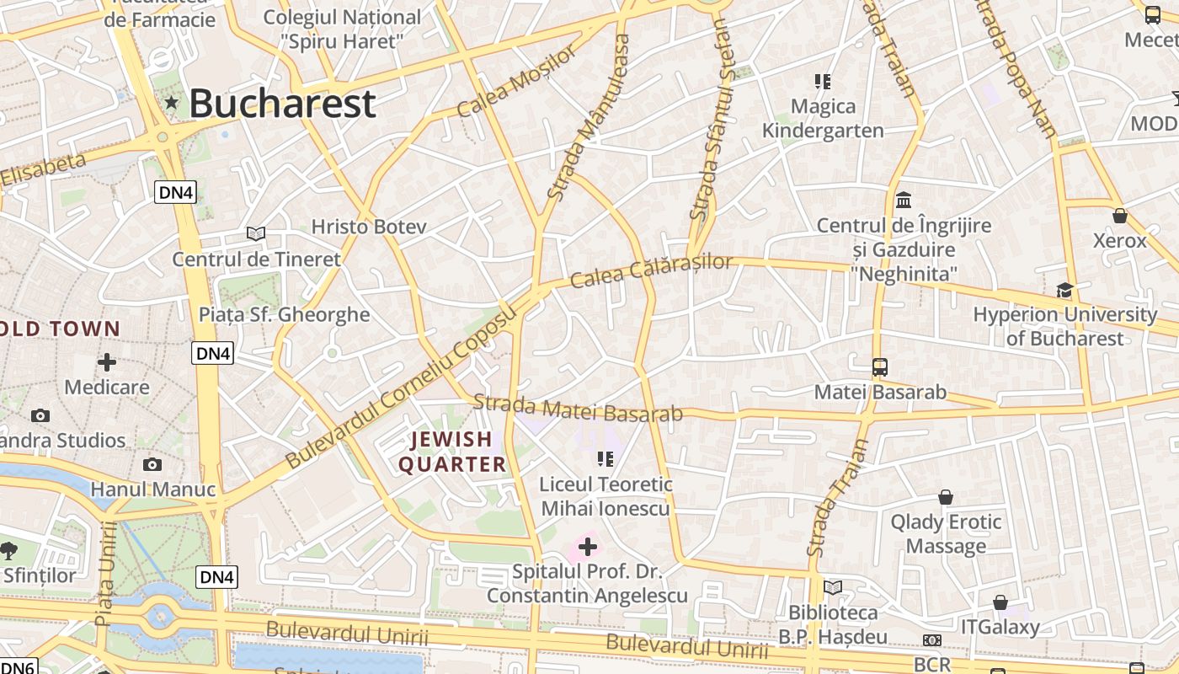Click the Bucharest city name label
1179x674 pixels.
282,104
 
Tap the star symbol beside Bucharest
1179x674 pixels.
172,103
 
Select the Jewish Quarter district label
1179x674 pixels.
452,452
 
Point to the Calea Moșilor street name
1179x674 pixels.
518,80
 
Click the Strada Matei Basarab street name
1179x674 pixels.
577,408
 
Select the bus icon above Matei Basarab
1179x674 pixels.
880,367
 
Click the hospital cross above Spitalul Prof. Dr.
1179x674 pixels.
588,547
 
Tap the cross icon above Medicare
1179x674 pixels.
107,362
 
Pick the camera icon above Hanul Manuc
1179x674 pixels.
152,464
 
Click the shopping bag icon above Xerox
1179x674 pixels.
1120,216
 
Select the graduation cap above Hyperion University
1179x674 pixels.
1065,290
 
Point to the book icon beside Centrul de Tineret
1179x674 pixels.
256,233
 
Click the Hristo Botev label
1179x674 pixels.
369,227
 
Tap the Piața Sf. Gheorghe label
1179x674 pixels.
284,314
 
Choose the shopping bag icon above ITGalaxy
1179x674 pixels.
1000,602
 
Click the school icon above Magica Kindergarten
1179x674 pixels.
823,82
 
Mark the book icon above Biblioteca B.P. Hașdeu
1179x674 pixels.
833,587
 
